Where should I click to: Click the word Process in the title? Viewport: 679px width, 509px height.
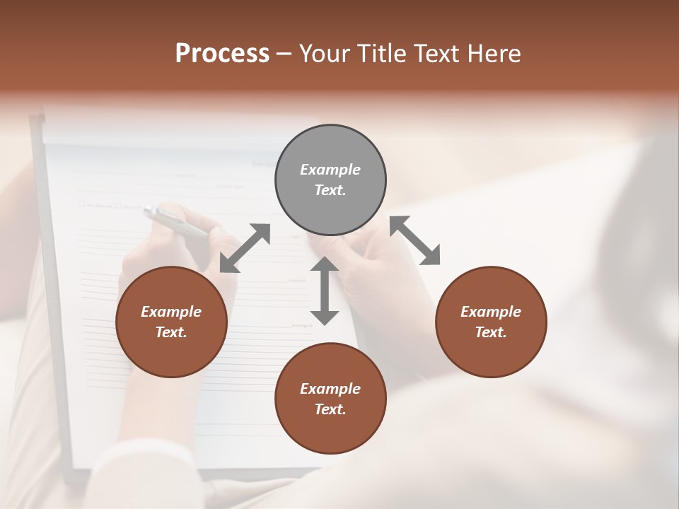click(x=222, y=54)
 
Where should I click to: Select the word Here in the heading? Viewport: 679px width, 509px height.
click(x=495, y=54)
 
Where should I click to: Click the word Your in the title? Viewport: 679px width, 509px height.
click(x=325, y=54)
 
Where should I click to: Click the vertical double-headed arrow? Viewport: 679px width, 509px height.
click(x=325, y=291)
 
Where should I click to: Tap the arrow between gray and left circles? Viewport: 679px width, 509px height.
click(x=245, y=247)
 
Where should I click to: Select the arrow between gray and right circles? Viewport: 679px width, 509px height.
click(x=415, y=240)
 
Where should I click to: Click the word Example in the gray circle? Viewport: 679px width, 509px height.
click(x=330, y=170)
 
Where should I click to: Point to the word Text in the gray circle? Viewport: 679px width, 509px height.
click(x=330, y=190)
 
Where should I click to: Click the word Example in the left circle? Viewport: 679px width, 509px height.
click(x=171, y=312)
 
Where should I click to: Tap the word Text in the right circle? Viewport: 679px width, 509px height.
click(x=491, y=332)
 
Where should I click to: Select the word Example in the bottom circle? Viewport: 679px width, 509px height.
click(x=330, y=389)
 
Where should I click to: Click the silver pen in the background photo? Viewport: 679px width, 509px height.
click(x=177, y=222)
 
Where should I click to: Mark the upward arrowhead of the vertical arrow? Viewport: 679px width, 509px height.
click(x=325, y=264)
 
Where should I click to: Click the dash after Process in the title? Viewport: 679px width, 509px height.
click(x=284, y=54)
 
